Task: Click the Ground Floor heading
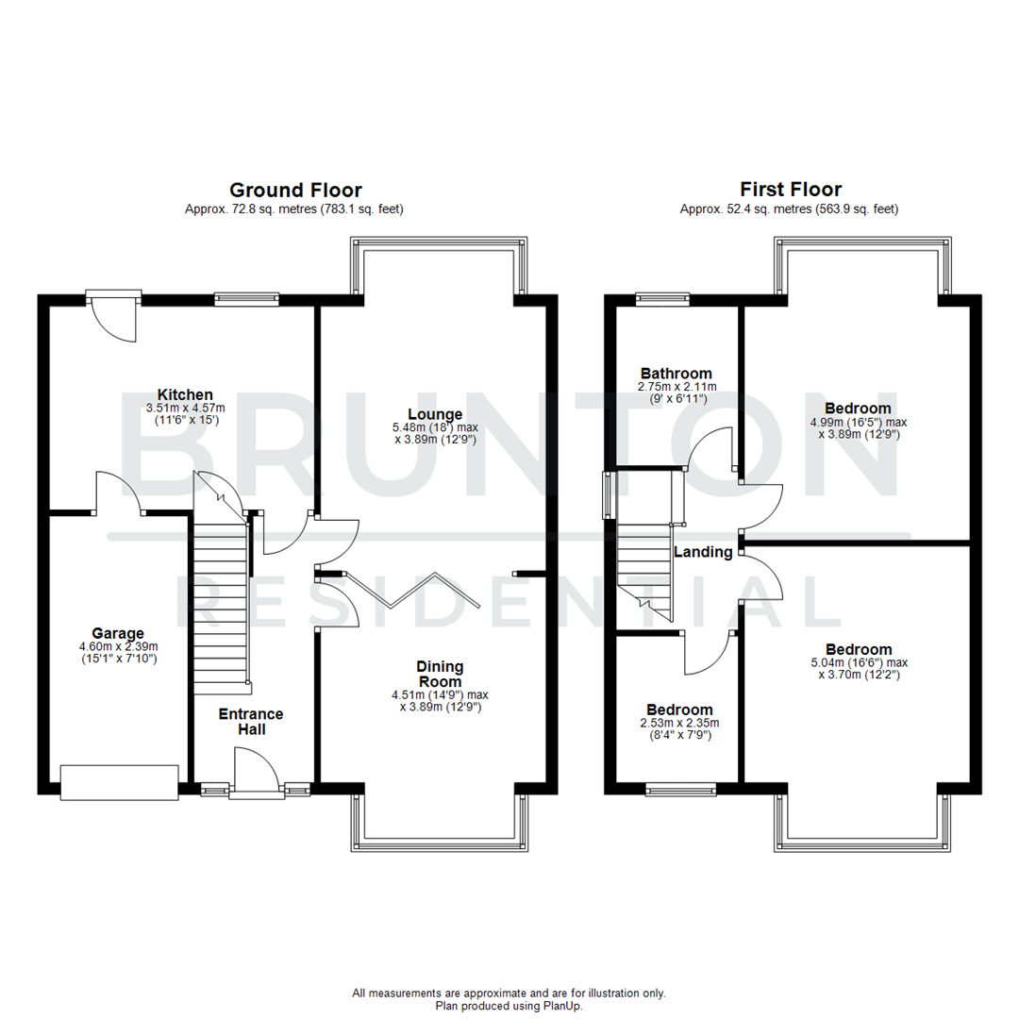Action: [x=295, y=190]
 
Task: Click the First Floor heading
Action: [x=790, y=190]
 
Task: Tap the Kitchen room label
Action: [x=185, y=394]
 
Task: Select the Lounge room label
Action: [x=434, y=414]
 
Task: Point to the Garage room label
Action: [x=118, y=633]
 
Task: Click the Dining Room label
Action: [x=440, y=674]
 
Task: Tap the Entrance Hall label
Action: [x=251, y=722]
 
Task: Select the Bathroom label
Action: [x=676, y=374]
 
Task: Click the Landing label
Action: [x=703, y=552]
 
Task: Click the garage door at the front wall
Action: [x=119, y=781]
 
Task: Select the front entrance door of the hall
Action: [x=255, y=774]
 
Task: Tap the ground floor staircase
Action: [x=221, y=604]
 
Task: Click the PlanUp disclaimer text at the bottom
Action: [x=509, y=999]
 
